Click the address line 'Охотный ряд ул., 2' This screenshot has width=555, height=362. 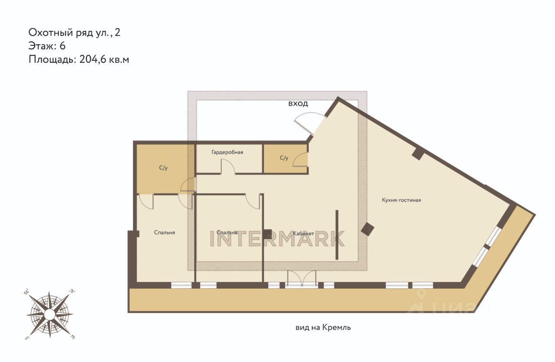(74, 33)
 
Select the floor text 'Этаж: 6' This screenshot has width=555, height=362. (47, 46)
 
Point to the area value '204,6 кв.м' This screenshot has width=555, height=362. (104, 60)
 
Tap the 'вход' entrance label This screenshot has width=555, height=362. (298, 104)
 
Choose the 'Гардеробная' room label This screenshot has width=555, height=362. (227, 152)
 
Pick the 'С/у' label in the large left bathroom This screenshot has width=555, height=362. (163, 168)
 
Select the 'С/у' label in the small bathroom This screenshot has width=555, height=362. (284, 158)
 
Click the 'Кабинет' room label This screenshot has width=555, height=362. (304, 233)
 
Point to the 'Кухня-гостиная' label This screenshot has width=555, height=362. (402, 200)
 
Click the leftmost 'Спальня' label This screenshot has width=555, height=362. (164, 232)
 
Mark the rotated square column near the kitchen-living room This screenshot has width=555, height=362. (367, 229)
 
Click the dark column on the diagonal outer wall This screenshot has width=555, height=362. (418, 154)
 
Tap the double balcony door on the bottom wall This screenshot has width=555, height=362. (301, 279)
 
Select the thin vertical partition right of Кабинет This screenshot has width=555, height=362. (337, 235)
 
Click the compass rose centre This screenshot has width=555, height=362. (49, 314)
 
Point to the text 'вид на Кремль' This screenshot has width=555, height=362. (323, 328)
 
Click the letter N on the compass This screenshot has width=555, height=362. (72, 291)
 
